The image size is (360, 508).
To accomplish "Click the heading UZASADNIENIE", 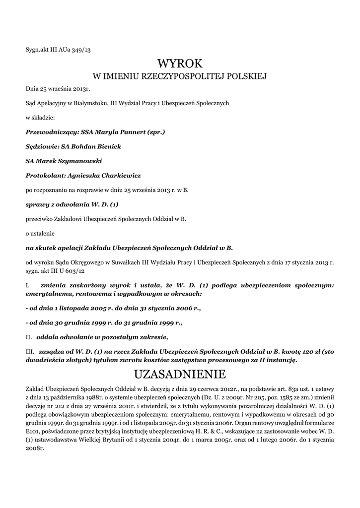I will [180, 373].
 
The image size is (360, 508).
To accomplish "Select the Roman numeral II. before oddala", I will [29, 337].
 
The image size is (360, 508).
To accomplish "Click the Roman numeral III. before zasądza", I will [30, 352].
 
